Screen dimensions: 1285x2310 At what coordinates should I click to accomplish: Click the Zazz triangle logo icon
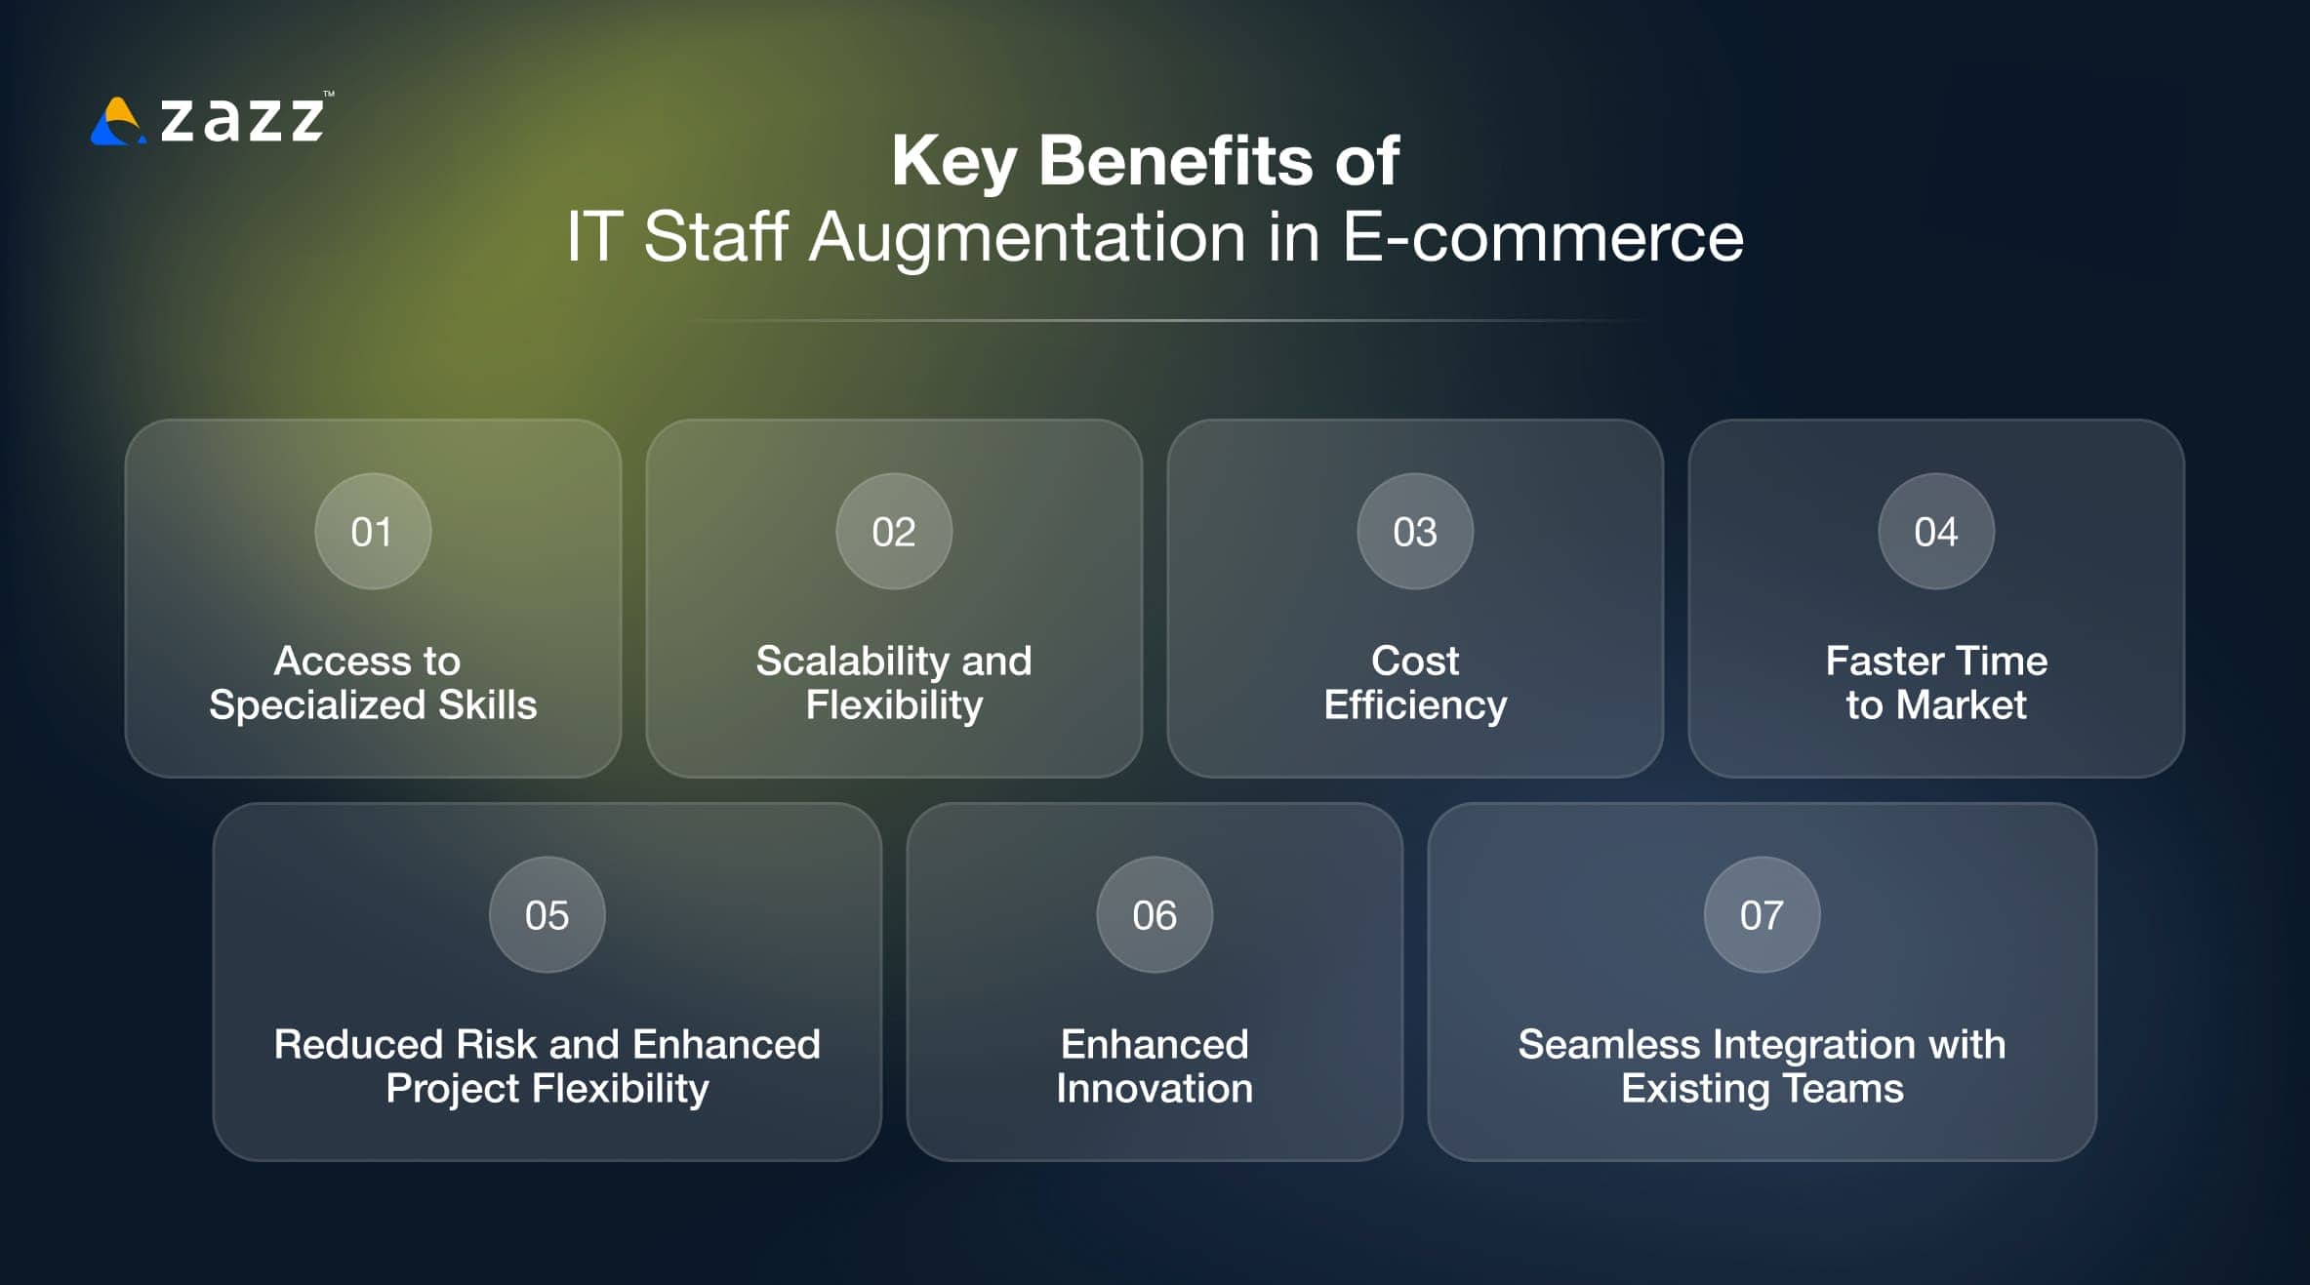pyautogui.click(x=117, y=123)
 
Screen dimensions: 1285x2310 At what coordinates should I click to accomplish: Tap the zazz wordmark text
pyautogui.click(x=242, y=120)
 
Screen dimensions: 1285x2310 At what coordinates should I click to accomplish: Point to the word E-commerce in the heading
pyautogui.click(x=1542, y=237)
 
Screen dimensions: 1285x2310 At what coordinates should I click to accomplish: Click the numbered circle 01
pyautogui.click(x=373, y=532)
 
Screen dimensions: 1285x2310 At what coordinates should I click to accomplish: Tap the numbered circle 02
pyautogui.click(x=894, y=532)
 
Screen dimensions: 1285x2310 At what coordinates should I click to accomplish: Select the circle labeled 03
pyautogui.click(x=1415, y=532)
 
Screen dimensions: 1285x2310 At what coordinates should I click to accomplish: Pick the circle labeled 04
pyautogui.click(x=1936, y=532)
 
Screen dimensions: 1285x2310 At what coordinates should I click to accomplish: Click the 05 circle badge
pyautogui.click(x=547, y=915)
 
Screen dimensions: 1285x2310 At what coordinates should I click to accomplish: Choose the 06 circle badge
pyautogui.click(x=1155, y=915)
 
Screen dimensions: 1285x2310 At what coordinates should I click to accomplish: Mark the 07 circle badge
pyautogui.click(x=1762, y=915)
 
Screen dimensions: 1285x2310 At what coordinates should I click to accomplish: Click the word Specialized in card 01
pyautogui.click(x=317, y=705)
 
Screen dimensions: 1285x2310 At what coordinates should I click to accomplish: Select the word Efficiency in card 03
pyautogui.click(x=1415, y=705)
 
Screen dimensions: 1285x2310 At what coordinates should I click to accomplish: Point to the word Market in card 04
pyautogui.click(x=1961, y=705)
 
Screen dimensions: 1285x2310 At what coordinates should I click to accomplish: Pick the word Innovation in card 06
pyautogui.click(x=1155, y=1089)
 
